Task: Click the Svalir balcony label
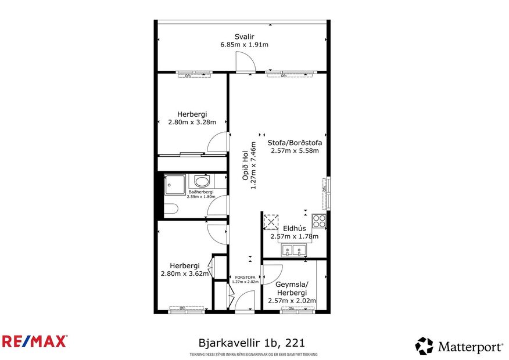tap(243, 35)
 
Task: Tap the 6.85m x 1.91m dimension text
tap(243, 45)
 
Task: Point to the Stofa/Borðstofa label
tap(295, 142)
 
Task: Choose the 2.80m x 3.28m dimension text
tap(192, 123)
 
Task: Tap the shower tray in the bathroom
tap(174, 183)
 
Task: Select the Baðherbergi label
tap(200, 192)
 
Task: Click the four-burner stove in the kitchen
tap(319, 221)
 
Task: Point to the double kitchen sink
tap(294, 250)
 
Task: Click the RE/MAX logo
tap(35, 341)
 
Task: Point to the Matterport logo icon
tap(424, 346)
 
